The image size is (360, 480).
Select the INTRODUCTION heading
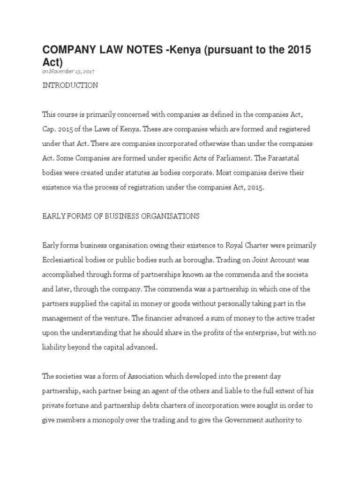click(70, 85)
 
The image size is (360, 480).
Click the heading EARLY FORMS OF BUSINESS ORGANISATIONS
click(121, 216)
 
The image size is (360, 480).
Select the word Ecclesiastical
click(65, 260)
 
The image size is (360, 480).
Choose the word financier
click(150, 318)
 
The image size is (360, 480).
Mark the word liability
click(55, 347)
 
